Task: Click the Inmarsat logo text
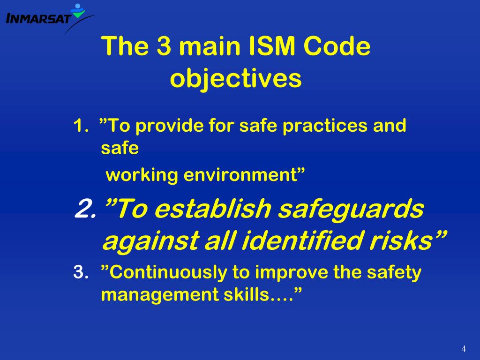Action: tap(38, 19)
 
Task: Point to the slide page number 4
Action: tap(464, 348)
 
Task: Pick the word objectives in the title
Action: tap(235, 79)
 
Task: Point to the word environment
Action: tap(244, 175)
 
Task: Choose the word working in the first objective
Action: tap(142, 175)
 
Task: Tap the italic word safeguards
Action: tap(351, 210)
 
